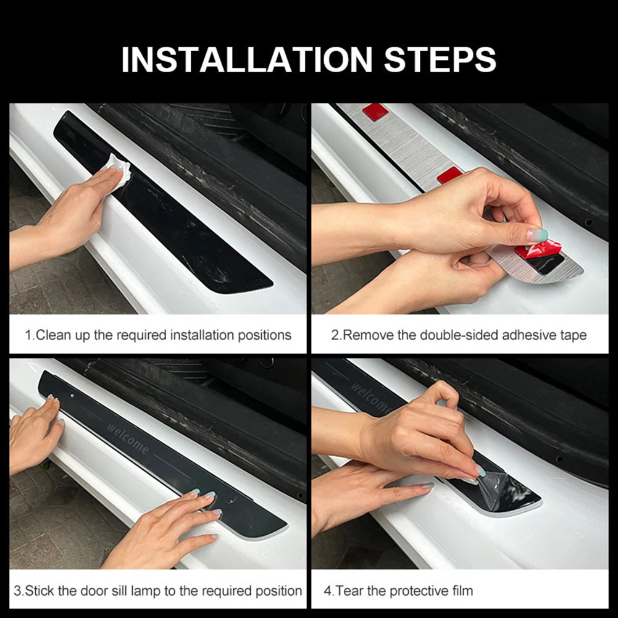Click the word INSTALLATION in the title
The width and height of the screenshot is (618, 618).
(x=247, y=59)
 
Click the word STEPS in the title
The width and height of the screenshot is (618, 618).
(x=440, y=59)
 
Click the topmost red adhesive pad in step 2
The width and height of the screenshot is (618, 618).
(x=375, y=112)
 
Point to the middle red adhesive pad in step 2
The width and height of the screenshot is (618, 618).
(x=449, y=175)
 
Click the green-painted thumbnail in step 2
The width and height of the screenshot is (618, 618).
(x=537, y=235)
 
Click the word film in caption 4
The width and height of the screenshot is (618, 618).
(x=462, y=591)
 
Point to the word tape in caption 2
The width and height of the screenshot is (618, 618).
(x=574, y=335)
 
